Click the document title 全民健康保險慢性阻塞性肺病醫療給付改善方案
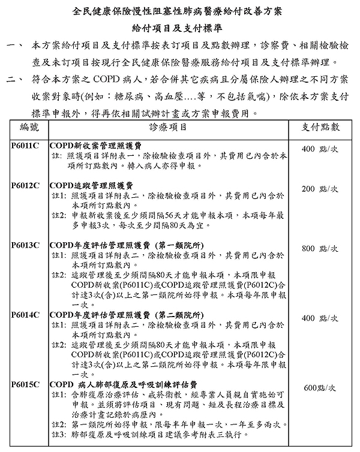coord(179,11)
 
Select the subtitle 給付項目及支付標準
coord(179,28)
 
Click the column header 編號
coord(29,127)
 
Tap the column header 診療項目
coord(170,127)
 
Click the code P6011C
coord(26,146)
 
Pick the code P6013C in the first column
coord(26,245)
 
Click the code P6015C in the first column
coord(26,384)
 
